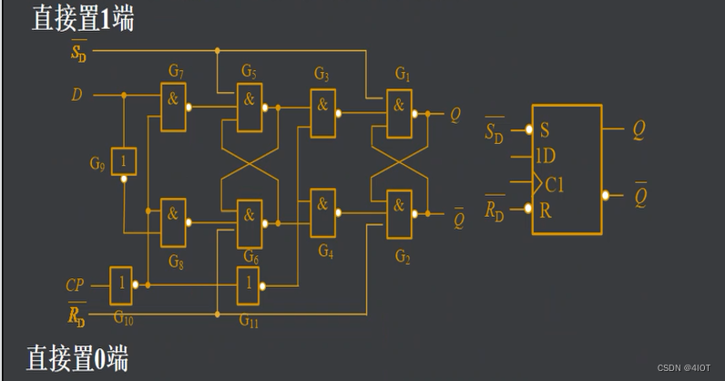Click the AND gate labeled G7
click(173, 107)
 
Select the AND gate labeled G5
click(250, 108)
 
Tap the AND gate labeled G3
click(322, 113)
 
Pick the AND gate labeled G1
click(399, 114)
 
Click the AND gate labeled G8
click(173, 222)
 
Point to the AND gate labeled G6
click(250, 224)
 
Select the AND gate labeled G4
click(322, 213)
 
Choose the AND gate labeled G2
click(399, 214)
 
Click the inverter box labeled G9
click(124, 161)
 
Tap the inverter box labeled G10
click(121, 285)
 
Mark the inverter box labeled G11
click(248, 285)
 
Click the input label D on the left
click(77, 95)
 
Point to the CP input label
click(75, 285)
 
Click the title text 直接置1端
click(83, 18)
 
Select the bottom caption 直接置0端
click(77, 358)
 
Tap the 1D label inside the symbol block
click(546, 156)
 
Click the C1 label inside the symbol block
click(555, 185)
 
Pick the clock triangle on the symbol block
click(537, 183)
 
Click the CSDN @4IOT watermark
click(684, 368)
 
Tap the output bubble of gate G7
click(189, 108)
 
